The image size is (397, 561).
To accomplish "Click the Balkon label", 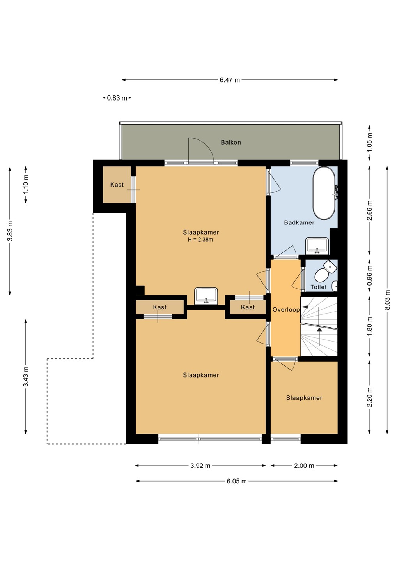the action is coord(230,142).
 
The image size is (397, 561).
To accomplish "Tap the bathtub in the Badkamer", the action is coord(324,193).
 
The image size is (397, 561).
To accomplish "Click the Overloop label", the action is coord(286,310).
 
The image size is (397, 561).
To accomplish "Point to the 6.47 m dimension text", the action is coord(230,80).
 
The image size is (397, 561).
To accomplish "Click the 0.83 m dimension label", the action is coord(117,98).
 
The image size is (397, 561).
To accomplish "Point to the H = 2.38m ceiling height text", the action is coord(200,240).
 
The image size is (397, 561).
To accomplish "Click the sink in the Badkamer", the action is coord(317,245).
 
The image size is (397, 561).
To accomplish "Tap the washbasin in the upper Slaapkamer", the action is coord(206,296).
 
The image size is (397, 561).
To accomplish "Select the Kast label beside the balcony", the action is coord(117,185).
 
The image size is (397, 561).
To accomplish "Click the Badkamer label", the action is coord(299,222).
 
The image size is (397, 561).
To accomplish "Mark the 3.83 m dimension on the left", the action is coord(10,231).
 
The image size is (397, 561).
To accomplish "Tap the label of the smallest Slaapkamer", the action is coord(304,398).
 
